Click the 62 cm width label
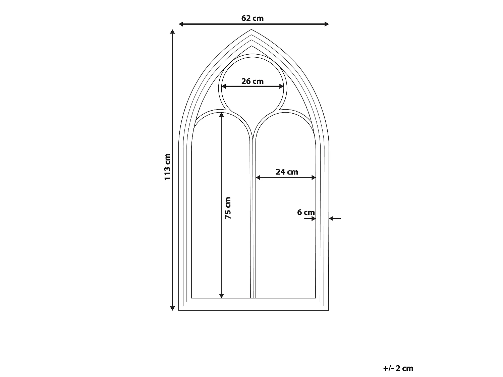click(252, 18)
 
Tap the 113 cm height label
click(168, 167)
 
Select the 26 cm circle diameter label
click(252, 81)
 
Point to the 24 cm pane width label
click(287, 172)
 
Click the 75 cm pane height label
click(228, 208)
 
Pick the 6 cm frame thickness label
click(306, 212)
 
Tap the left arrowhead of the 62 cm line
click(181, 24)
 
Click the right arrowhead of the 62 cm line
click(327, 24)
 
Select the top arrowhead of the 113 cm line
click(172, 32)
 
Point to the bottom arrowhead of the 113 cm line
click(172, 308)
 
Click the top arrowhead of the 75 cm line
click(221, 115)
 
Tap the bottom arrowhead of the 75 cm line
click(221, 296)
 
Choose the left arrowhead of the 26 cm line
click(224, 86)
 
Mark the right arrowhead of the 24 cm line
click(314, 177)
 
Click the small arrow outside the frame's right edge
click(335, 218)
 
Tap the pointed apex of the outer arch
click(251, 29)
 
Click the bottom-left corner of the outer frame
click(179, 310)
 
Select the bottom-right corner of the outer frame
click(328, 310)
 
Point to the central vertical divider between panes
click(253, 217)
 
